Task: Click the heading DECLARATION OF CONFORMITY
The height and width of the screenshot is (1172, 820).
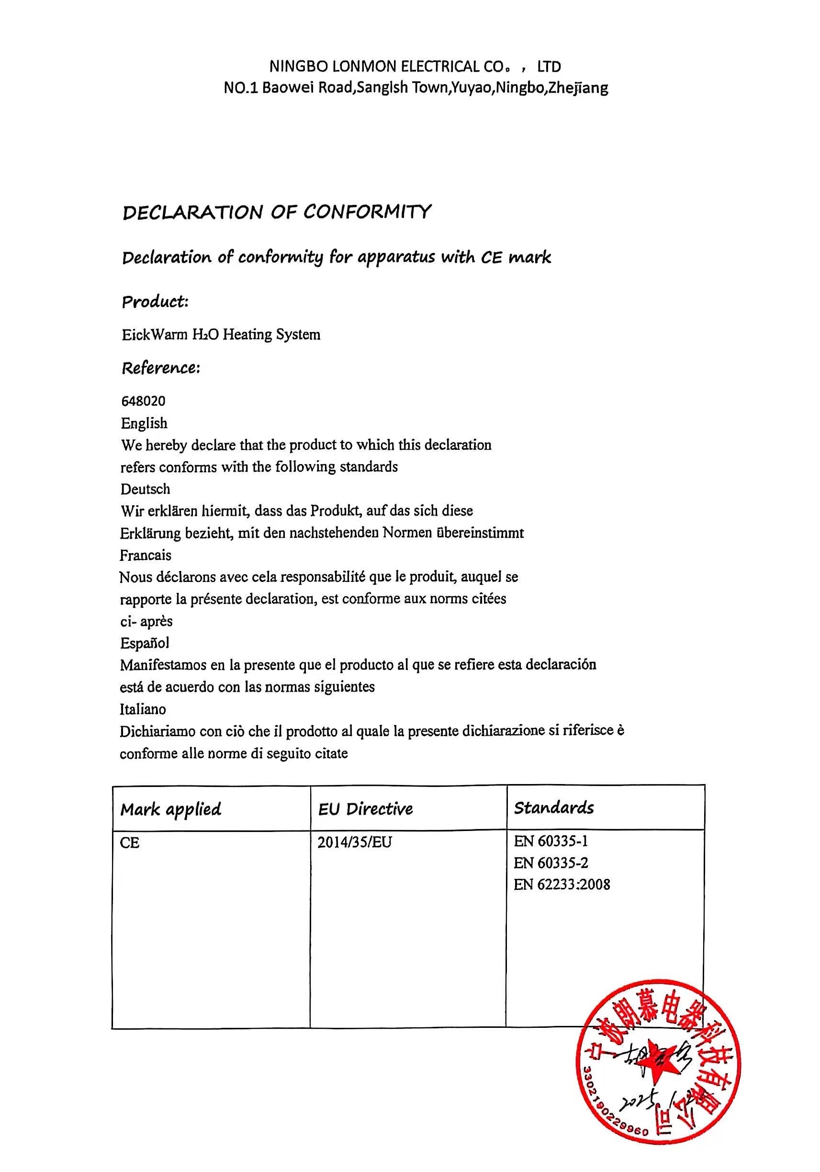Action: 277,212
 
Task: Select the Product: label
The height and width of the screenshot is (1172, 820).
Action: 155,302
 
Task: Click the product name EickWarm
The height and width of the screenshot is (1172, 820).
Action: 155,335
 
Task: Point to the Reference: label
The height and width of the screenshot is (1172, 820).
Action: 161,368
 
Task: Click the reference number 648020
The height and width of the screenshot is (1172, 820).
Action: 144,401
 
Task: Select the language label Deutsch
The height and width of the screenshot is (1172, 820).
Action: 146,489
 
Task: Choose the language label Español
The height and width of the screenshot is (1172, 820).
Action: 145,643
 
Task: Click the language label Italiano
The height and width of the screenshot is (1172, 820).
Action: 143,709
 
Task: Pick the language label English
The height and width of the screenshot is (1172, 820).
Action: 145,423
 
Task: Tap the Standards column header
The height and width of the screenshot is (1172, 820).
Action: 554,808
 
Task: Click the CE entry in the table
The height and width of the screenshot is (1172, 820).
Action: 130,843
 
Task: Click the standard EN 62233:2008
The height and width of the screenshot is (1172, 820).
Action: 562,885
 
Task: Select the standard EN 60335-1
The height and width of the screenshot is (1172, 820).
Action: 550,841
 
